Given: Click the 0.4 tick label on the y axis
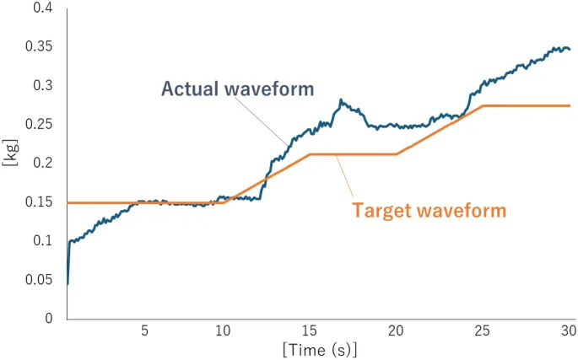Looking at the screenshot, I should pos(41,8).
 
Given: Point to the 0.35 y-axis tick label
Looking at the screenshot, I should pos(38,47).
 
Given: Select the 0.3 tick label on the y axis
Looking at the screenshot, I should pos(41,86).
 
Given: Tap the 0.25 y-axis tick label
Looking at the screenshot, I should pos(38,125).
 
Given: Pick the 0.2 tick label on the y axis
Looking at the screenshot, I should pos(41,164).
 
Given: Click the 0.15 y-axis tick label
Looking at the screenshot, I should pos(38,202).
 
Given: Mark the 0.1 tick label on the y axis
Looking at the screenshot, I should pos(41,241).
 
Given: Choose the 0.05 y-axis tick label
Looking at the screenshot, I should pos(38,280).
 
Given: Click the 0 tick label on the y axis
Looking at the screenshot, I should pos(49,319).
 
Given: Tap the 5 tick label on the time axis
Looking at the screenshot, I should pos(143,330).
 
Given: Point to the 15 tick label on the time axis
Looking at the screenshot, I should pos(311,330).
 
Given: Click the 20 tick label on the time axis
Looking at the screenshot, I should pos(397,330).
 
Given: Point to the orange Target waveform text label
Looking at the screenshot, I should pos(429,210).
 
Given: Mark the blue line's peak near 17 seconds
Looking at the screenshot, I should pos(341,100).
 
